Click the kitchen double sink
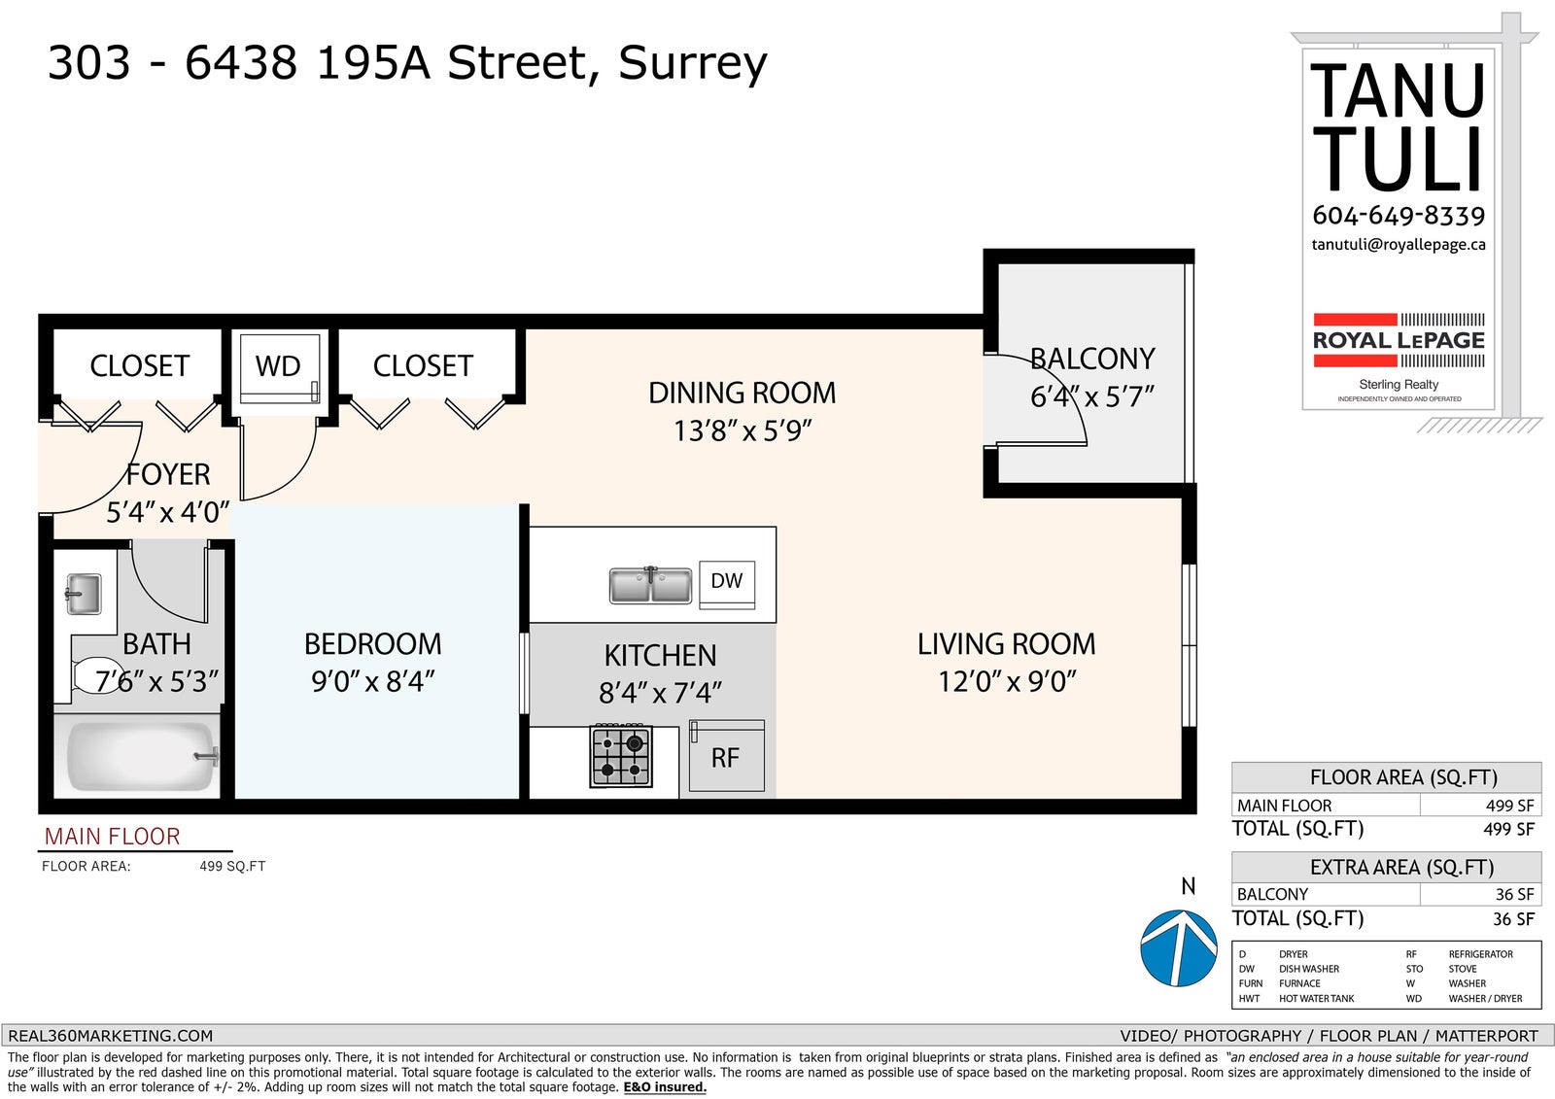650,585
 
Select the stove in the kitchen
621,756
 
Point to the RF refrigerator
727,756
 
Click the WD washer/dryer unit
279,368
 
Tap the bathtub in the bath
142,756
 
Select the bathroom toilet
97,675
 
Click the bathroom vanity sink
84,595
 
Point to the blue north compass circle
1179,948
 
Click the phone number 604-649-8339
1399,216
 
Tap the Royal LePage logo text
1399,340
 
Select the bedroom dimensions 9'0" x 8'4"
373,682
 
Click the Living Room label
1007,644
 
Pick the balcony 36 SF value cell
1514,894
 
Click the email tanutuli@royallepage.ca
1399,245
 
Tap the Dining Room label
743,393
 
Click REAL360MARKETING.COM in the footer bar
111,1036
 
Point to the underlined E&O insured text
665,1087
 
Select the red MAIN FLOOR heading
112,837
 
